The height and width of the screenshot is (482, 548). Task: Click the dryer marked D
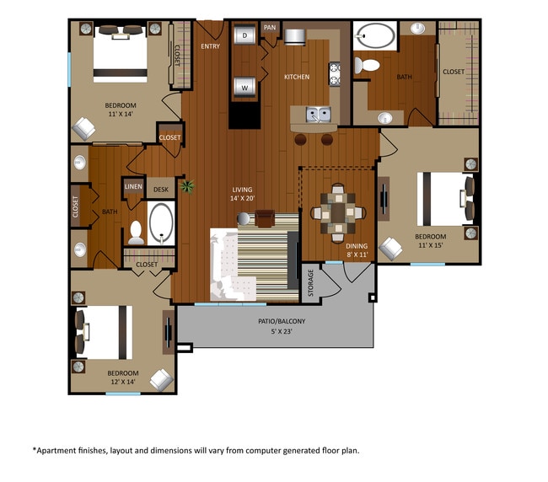(244, 35)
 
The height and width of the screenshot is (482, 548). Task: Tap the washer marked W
(244, 87)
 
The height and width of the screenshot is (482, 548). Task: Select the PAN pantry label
(270, 27)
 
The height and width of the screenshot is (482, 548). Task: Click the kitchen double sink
(318, 115)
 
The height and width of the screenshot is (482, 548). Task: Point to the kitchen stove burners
(335, 73)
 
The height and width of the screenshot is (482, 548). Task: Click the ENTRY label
(211, 46)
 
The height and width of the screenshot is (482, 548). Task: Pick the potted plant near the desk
(187, 186)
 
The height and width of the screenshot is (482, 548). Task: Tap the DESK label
(161, 190)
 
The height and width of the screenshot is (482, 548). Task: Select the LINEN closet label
(133, 186)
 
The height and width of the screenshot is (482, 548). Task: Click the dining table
(338, 212)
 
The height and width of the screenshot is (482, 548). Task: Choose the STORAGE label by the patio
(310, 283)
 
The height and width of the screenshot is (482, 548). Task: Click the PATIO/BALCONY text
(282, 321)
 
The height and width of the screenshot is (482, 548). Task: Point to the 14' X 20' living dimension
(242, 198)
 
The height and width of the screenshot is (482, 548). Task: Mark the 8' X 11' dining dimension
(357, 254)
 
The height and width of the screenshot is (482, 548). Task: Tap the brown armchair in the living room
(265, 218)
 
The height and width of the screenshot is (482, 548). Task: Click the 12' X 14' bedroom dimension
(123, 382)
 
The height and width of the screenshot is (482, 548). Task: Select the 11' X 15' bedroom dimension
(431, 245)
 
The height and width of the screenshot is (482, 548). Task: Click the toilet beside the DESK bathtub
(136, 233)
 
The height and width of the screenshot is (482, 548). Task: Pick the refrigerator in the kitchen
(295, 37)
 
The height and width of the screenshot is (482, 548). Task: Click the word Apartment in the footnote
(54, 451)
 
